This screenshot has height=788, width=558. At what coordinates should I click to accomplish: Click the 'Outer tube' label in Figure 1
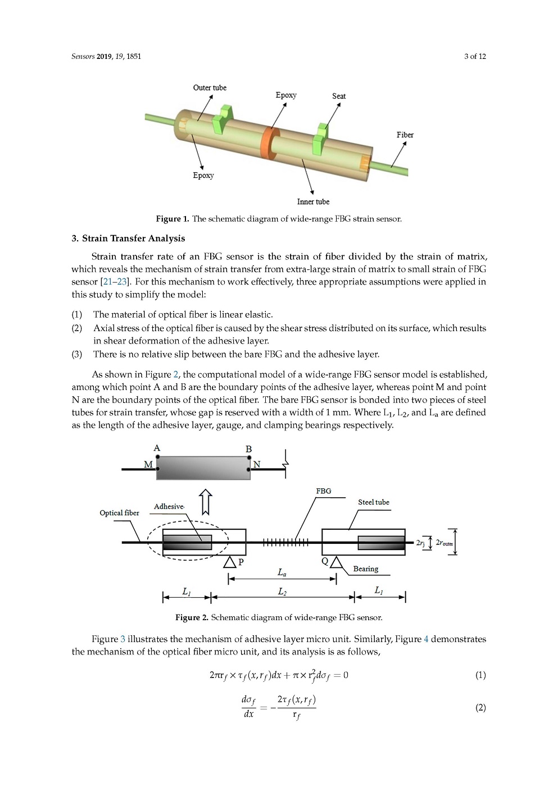tap(210, 88)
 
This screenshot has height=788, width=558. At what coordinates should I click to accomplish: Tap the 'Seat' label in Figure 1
tap(339, 96)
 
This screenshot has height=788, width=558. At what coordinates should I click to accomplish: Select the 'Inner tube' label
tap(313, 201)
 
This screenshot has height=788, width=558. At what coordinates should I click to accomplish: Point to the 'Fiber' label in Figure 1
tap(405, 135)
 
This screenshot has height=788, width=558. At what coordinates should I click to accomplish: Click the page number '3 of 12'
tap(475, 56)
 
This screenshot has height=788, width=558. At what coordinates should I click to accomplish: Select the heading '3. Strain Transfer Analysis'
tap(128, 239)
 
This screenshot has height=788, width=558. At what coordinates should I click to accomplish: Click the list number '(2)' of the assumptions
tap(77, 328)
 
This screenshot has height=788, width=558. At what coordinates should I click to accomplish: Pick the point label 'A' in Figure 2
tap(157, 448)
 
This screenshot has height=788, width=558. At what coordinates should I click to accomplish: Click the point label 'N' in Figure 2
tap(257, 464)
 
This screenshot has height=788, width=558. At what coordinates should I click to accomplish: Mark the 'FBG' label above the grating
tap(324, 491)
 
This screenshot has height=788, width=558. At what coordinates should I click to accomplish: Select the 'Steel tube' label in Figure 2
tap(374, 502)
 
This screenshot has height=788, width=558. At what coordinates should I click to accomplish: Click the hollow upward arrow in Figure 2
tap(206, 501)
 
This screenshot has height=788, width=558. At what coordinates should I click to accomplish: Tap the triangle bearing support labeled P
tap(229, 562)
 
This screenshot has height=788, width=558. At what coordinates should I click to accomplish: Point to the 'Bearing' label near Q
tap(366, 569)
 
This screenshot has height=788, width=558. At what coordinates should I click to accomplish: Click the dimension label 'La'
tap(282, 572)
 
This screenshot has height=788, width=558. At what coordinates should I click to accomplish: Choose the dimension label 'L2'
tap(282, 592)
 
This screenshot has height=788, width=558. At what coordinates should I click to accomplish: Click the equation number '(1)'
tap(480, 675)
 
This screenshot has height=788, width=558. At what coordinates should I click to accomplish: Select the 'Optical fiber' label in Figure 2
tap(119, 513)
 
